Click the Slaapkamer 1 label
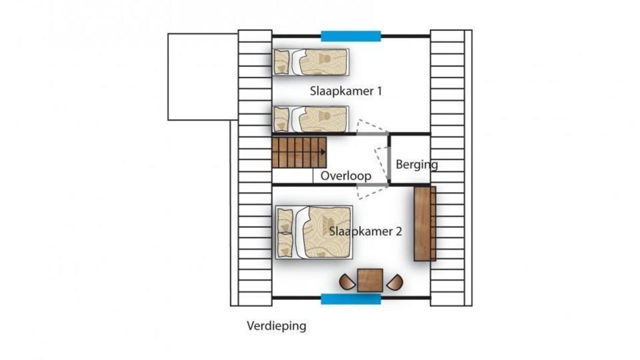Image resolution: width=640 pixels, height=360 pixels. coord(345,91)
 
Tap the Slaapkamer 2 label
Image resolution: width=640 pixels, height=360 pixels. coord(365,231)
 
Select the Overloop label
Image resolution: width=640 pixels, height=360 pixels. coord(345,176)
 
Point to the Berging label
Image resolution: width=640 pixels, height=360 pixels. coord(416,165)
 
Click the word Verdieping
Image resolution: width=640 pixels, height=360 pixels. coord(276,326)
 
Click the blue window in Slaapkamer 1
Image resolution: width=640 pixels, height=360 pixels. coord(351,36)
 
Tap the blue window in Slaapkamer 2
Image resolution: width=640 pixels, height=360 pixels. coord(351,299)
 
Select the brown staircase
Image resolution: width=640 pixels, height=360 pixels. coord(299,152)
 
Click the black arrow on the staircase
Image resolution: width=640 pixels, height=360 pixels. coord(322,152)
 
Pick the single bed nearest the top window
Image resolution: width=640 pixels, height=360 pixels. coord(311,62)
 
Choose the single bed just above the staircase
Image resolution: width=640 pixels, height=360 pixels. coord(311,119)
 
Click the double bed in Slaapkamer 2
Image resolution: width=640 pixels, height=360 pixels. coord(314,232)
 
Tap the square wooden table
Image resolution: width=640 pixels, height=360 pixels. coord(370,280)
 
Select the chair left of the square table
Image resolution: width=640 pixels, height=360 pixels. coord(346,282)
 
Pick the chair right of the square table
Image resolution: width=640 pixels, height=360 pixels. coord(395,282)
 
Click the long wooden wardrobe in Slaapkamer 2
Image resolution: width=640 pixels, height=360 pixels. coord(425,223)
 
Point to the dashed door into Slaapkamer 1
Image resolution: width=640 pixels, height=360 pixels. coord(371,126)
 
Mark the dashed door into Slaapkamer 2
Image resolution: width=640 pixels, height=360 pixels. coord(372,192)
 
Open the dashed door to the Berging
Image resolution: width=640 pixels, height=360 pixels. coord(381,164)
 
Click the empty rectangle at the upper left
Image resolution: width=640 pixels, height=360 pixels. coord(203,77)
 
